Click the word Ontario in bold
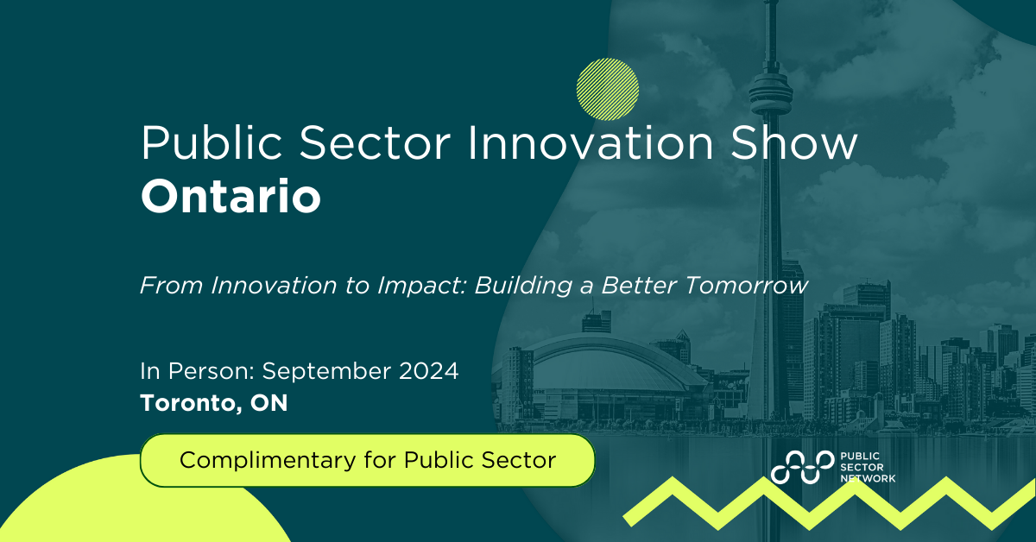(x=231, y=198)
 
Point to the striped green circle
(x=608, y=88)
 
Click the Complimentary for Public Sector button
(x=368, y=460)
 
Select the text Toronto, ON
(x=213, y=402)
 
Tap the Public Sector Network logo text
(x=867, y=467)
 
